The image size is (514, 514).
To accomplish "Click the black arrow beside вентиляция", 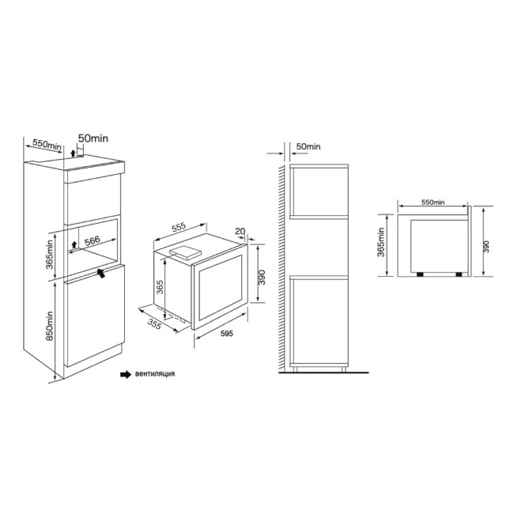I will (124, 374).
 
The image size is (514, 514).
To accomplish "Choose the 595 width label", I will (225, 334).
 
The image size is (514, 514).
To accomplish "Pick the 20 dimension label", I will (240, 232).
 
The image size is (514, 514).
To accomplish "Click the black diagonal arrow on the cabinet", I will (102, 273).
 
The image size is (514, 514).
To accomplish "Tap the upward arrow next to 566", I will (74, 244).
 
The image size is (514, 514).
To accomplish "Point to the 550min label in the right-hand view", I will (433, 203).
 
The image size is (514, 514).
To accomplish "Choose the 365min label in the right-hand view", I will (381, 245).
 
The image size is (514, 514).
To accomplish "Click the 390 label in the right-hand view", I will (486, 245).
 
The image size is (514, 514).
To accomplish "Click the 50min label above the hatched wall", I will (308, 146).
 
